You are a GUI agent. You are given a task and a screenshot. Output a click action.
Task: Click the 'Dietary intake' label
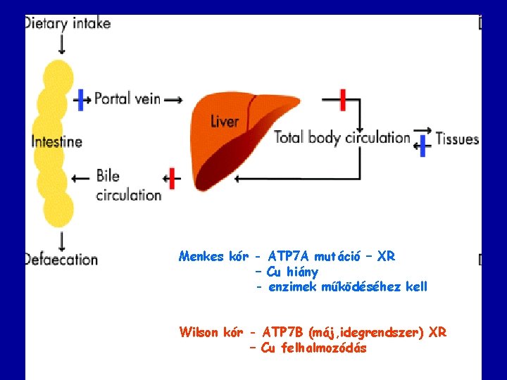[68, 23]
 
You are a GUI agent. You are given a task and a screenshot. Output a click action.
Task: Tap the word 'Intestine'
[57, 141]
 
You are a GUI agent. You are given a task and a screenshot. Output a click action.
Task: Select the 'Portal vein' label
[127, 99]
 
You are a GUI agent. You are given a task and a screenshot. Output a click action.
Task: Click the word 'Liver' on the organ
[225, 121]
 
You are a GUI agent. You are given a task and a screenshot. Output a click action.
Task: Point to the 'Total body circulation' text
[342, 137]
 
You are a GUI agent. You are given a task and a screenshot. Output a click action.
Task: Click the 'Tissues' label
[457, 139]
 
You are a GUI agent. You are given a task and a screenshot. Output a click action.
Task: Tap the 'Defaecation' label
[61, 259]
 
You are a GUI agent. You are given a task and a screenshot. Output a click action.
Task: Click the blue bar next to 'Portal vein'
[82, 99]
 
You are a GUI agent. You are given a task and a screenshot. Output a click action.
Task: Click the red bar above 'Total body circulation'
[343, 99]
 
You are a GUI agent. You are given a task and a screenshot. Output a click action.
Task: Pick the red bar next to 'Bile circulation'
[171, 179]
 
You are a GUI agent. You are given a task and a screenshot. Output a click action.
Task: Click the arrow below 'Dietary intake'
[62, 44]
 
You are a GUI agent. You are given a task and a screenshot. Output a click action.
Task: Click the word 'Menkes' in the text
[201, 257]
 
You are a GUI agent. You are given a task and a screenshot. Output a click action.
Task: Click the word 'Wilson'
[200, 332]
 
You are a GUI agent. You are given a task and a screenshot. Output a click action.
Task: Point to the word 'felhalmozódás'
[323, 348]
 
